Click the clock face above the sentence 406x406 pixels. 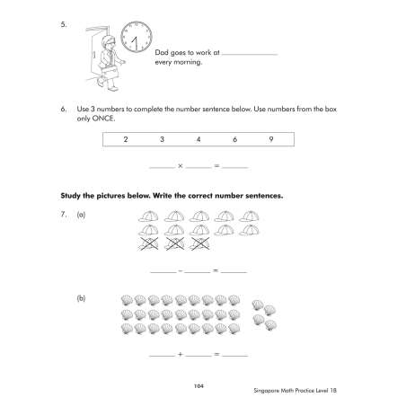[x=137, y=37]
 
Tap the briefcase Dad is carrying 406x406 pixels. [x=110, y=72]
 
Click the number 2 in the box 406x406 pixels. [x=126, y=139]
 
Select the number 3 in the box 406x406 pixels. [x=162, y=139]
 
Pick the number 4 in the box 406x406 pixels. [x=199, y=139]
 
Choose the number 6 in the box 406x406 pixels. [x=234, y=139]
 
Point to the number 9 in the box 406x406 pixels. [x=271, y=139]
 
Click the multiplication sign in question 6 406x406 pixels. [x=181, y=165]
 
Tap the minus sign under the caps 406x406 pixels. [x=181, y=270]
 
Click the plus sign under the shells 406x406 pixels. [x=181, y=354]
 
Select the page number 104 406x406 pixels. [x=199, y=386]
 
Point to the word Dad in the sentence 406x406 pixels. [x=162, y=53]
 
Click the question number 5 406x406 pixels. [x=64, y=24]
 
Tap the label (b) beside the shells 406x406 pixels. [x=81, y=298]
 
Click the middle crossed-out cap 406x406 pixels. [x=174, y=243]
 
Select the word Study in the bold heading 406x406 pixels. [x=70, y=196]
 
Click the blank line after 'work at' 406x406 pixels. [x=250, y=55]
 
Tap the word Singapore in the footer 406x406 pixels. [x=267, y=391]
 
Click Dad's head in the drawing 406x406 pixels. [x=108, y=42]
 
